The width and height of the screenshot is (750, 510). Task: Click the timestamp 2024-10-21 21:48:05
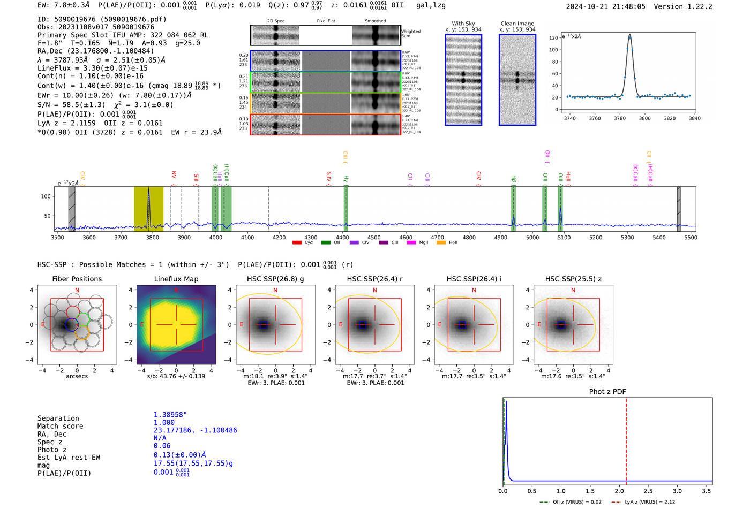pyautogui.click(x=605, y=7)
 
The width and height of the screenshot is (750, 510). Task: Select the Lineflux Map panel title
pyautogui.click(x=176, y=279)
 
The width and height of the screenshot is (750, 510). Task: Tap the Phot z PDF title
pyautogui.click(x=607, y=392)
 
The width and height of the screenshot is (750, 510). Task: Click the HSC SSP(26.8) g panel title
pyautogui.click(x=275, y=279)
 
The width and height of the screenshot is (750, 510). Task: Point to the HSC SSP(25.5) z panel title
pyautogui.click(x=573, y=279)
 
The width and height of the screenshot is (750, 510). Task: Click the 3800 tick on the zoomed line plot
pyautogui.click(x=644, y=118)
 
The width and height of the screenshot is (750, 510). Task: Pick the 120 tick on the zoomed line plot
pyautogui.click(x=553, y=38)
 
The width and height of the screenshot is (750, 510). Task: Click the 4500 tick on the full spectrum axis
pyautogui.click(x=374, y=238)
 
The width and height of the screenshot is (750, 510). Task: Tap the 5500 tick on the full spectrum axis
pyautogui.click(x=691, y=238)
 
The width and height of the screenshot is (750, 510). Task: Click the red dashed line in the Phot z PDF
pyautogui.click(x=626, y=439)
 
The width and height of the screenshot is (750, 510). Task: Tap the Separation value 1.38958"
pyautogui.click(x=170, y=415)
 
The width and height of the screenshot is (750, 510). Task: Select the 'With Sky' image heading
pyautogui.click(x=463, y=24)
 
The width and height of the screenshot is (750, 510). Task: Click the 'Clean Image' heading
pyautogui.click(x=517, y=24)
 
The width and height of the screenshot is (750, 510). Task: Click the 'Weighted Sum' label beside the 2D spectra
pyautogui.click(x=411, y=34)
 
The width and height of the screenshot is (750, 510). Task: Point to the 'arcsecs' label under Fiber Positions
pyautogui.click(x=77, y=376)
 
